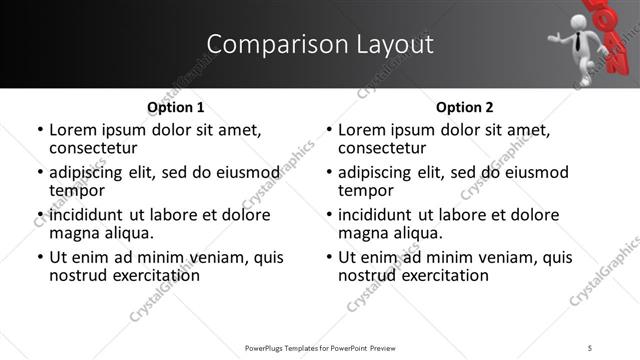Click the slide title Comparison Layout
click(320, 45)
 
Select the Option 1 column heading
click(176, 107)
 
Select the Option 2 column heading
click(465, 107)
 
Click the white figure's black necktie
click(577, 41)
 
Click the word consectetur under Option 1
click(95, 148)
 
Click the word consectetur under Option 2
click(384, 148)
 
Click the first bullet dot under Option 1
click(39, 131)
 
